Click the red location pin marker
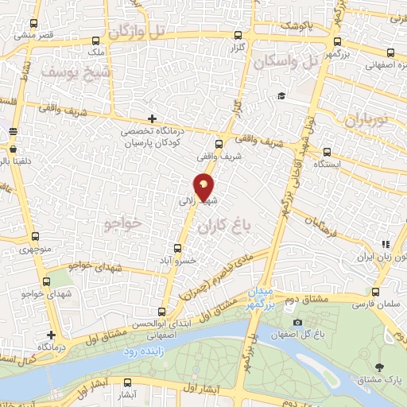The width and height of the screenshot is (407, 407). point(204,186)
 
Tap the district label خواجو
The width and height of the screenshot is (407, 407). point(122,224)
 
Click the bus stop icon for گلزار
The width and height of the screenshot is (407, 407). point(238,35)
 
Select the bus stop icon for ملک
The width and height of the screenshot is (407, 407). point(96,40)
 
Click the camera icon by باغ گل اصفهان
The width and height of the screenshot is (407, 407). point(297,323)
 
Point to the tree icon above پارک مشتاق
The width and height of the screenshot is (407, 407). point(379,367)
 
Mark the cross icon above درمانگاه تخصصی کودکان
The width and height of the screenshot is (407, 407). point(151,118)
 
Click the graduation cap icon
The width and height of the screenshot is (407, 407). point(280,96)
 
